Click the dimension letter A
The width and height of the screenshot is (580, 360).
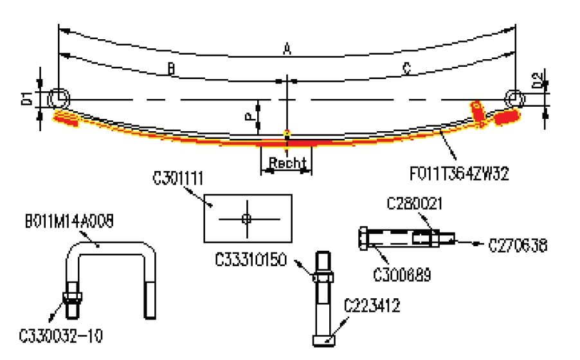point(287,48)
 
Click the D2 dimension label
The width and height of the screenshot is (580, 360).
point(537,80)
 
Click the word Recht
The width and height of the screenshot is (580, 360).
point(287,164)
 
